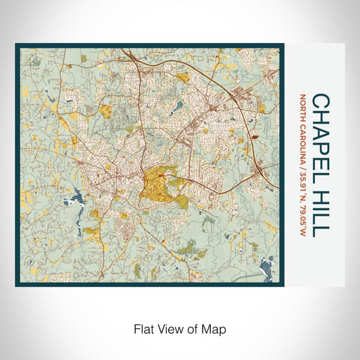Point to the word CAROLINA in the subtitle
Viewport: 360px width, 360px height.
point(303,141)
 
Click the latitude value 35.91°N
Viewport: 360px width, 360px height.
point(303,182)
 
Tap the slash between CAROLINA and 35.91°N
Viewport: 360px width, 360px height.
point(303,164)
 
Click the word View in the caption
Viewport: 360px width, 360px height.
point(169,327)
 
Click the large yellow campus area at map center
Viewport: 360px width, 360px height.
point(156,184)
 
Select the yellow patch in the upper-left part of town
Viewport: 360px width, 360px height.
point(106,110)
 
